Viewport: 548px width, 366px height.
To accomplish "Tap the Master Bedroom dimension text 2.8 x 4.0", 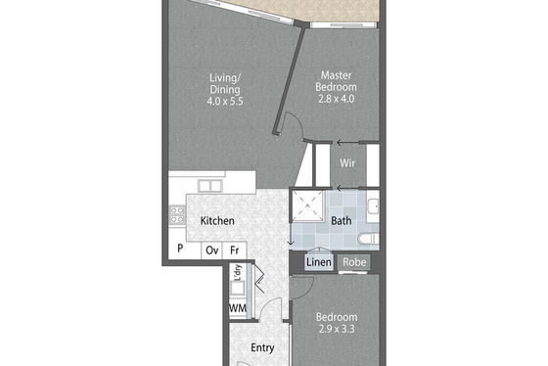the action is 336,99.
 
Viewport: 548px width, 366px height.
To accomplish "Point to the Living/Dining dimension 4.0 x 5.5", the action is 225,102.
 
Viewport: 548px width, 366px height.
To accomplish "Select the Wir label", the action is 347,162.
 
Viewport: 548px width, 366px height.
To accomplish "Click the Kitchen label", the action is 217,220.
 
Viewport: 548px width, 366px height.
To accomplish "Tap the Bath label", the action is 342,220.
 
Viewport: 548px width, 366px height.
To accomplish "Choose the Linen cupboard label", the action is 319,262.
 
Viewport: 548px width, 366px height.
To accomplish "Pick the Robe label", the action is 354,262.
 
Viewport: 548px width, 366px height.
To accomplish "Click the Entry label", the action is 262,347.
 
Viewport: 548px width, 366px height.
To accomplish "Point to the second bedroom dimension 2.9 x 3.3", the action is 337,329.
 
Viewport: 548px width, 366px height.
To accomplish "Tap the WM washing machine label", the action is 238,308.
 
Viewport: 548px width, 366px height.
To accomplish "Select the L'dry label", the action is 238,273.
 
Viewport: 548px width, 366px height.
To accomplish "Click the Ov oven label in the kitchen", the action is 211,251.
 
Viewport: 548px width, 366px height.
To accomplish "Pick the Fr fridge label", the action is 235,251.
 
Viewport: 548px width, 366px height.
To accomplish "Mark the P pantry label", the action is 180,249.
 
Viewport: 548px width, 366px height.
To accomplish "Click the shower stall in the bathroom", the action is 307,206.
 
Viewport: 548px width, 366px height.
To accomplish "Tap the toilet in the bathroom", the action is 368,239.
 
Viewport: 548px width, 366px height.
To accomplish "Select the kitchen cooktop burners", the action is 177,215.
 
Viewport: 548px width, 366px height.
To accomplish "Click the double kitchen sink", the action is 210,186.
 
